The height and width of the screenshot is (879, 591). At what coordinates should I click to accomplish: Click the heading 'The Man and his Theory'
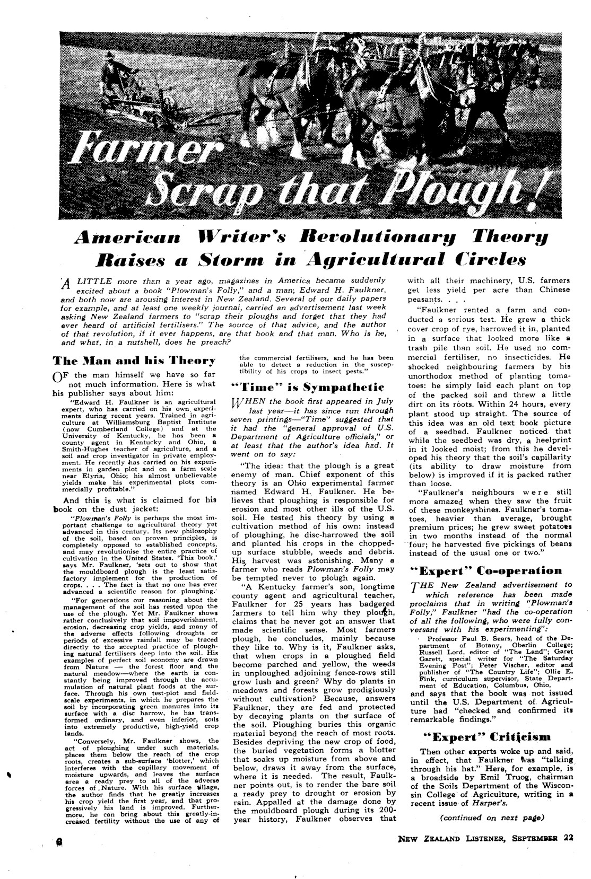tap(134, 361)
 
